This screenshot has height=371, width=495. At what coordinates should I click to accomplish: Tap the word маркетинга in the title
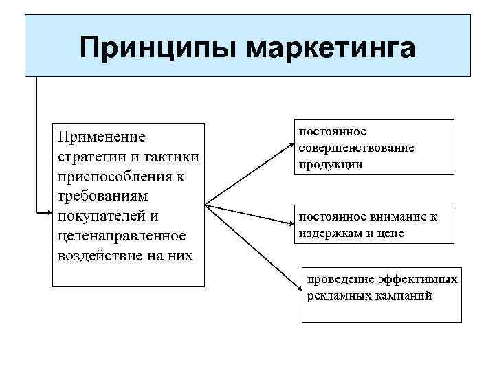[x=329, y=47]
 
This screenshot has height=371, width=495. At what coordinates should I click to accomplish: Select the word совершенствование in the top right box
[x=356, y=148]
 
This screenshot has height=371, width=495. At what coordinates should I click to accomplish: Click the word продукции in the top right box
[x=330, y=165]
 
